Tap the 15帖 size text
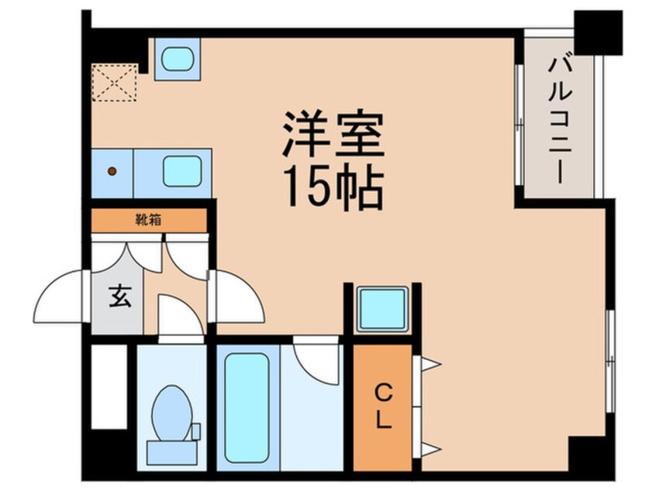coord(333,187)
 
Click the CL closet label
coord(383,408)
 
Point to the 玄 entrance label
coord(119,296)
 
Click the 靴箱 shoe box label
coord(149,220)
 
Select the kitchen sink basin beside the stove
coord(183,169)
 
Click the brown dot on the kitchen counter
coord(112,170)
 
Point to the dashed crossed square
coord(115,82)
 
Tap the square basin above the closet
coord(382,309)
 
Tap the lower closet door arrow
coord(430,448)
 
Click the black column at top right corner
coord(598,32)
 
